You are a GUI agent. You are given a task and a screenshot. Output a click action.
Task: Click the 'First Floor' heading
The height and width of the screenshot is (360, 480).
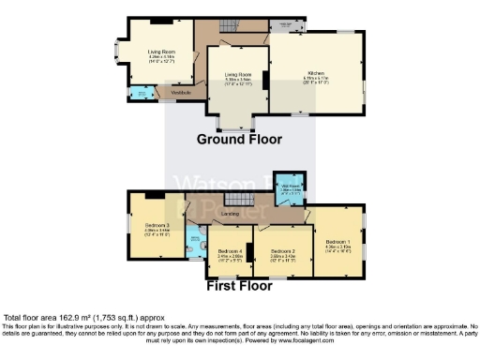[241, 287]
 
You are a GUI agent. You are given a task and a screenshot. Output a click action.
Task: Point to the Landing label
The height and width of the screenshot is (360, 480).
[228, 215]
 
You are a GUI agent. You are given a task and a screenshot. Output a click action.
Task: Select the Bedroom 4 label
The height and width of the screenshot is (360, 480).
[229, 252]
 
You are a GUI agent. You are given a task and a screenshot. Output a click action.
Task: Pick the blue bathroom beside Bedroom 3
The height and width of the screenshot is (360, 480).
[195, 244]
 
